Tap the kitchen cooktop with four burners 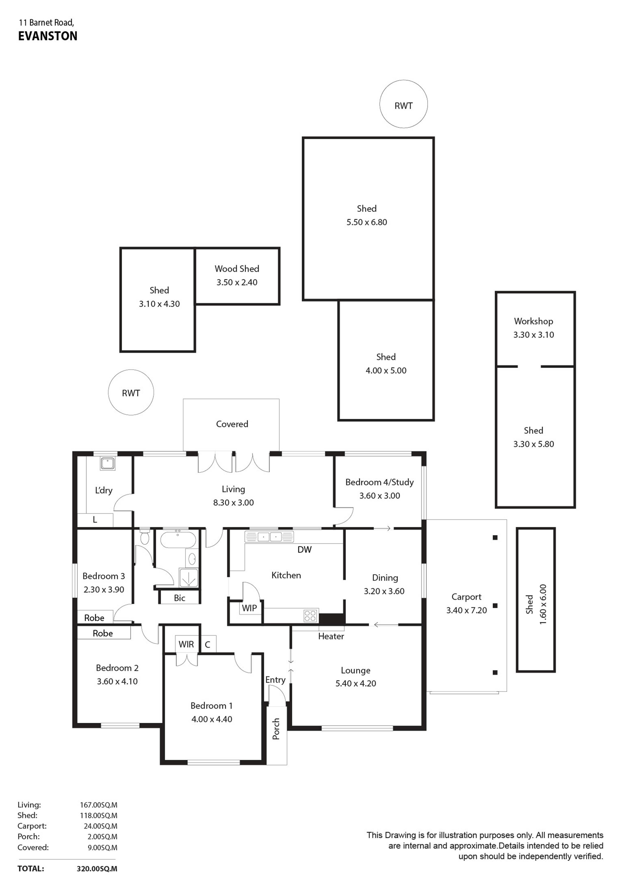(x=310, y=615)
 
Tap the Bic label (x=179, y=598)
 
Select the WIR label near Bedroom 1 (x=186, y=644)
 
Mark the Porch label (x=276, y=729)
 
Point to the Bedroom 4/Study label (x=380, y=482)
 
